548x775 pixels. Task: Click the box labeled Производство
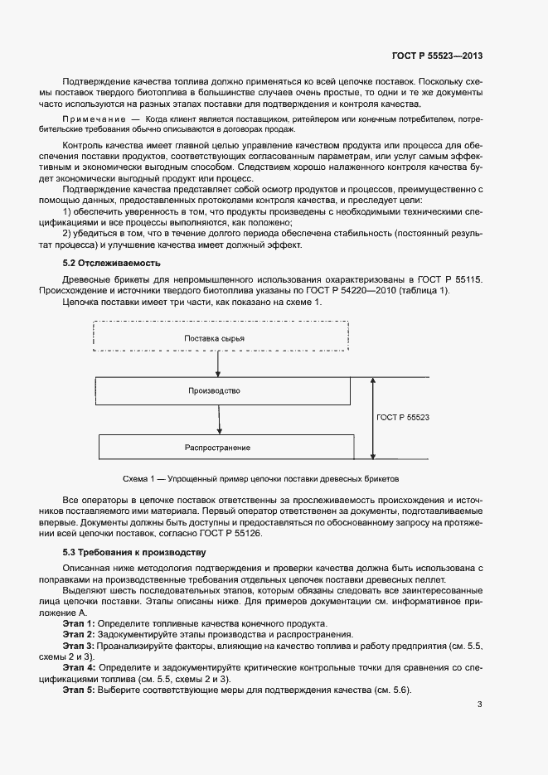pos(214,390)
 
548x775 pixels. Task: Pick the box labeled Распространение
pos(217,447)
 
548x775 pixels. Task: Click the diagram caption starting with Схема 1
pos(260,479)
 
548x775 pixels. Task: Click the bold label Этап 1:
pos(79,622)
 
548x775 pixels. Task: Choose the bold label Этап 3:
pos(79,644)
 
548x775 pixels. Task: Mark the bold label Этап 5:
pos(79,691)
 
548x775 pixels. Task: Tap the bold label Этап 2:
pos(79,633)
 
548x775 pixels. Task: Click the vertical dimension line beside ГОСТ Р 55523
pos(373,419)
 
